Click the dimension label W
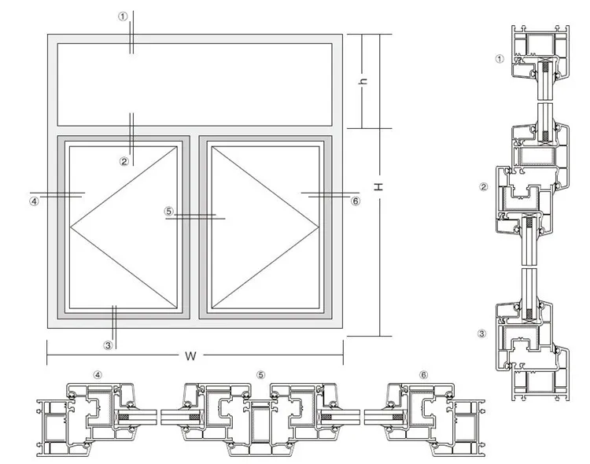click(190, 355)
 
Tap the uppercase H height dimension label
click(378, 186)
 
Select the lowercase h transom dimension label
click(364, 82)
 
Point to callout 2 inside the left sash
click(124, 161)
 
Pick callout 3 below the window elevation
click(109, 344)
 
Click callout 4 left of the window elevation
click(34, 201)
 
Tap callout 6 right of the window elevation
click(355, 201)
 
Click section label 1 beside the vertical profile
click(499, 58)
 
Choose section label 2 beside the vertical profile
click(484, 186)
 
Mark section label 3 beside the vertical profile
click(482, 333)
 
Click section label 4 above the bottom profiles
click(98, 375)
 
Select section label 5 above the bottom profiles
click(260, 375)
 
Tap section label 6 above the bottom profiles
click(424, 375)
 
